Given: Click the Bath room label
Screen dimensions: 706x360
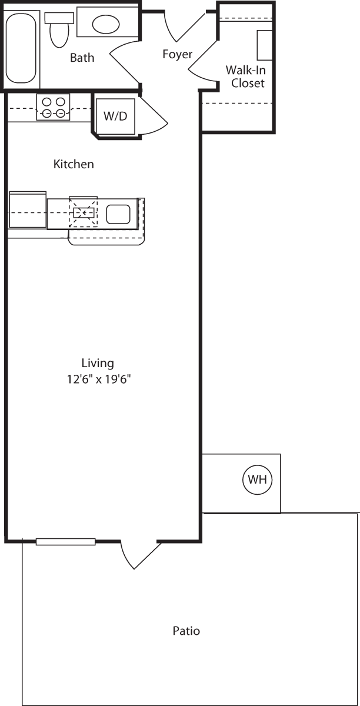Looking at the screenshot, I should click(x=82, y=58).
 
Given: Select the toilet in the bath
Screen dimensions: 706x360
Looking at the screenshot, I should click(x=58, y=29).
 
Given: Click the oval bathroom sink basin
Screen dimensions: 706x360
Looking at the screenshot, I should click(x=106, y=24).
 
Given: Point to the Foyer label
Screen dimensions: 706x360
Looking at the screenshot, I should click(x=177, y=55).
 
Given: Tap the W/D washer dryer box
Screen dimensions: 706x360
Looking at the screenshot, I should click(x=115, y=115).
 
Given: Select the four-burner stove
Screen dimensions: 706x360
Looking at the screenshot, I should click(x=54, y=106).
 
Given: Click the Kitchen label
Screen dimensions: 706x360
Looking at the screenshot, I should click(x=74, y=164).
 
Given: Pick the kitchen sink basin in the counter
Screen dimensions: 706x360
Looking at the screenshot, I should click(x=118, y=214).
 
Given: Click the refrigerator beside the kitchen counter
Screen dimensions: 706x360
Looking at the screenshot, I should click(x=27, y=211).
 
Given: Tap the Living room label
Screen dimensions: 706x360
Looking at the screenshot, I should click(x=98, y=363).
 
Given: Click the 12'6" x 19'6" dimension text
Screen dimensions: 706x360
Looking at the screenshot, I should click(x=98, y=379).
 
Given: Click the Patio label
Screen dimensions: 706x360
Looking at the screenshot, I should click(x=186, y=631).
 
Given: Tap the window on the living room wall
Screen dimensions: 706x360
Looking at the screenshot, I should click(x=65, y=541).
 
